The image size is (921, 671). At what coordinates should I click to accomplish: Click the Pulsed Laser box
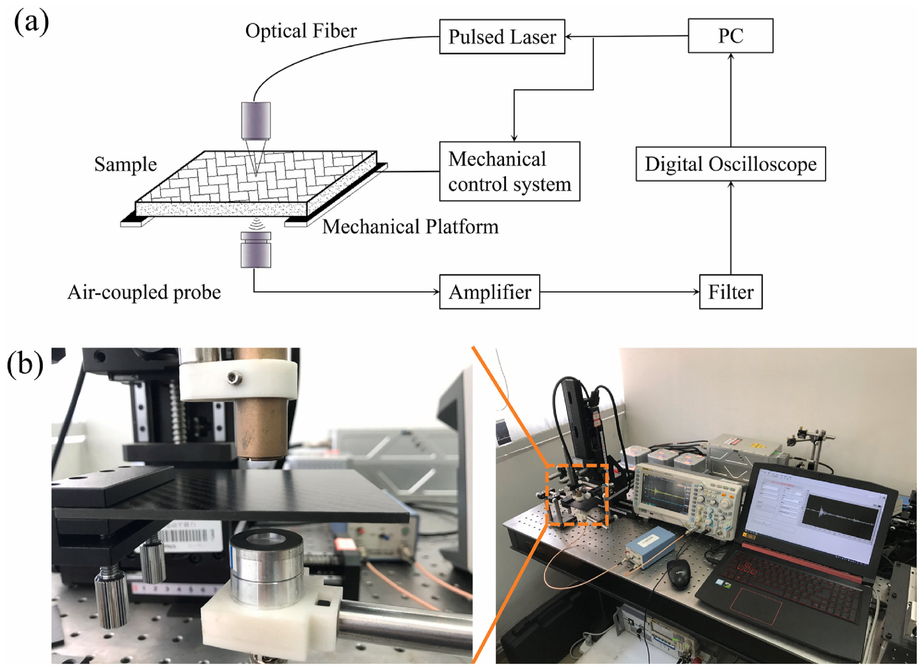click(x=502, y=37)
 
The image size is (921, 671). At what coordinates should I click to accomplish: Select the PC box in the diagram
click(x=730, y=36)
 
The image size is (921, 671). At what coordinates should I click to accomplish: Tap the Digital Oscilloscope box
click(x=730, y=164)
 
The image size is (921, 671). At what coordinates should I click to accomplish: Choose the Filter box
click(x=730, y=292)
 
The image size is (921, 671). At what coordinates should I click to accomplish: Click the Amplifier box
click(x=490, y=292)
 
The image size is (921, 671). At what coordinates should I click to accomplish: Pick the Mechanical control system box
click(x=510, y=171)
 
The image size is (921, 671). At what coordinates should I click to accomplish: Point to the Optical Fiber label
click(x=301, y=31)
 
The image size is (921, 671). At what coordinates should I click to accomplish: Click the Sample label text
click(x=126, y=165)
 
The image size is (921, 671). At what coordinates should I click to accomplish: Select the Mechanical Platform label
click(x=410, y=227)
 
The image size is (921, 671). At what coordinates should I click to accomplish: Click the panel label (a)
click(x=31, y=22)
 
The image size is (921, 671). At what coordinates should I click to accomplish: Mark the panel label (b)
click(x=25, y=364)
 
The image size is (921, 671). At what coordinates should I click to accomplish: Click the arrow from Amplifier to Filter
click(x=619, y=292)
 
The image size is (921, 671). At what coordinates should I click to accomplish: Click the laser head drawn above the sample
click(x=256, y=121)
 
